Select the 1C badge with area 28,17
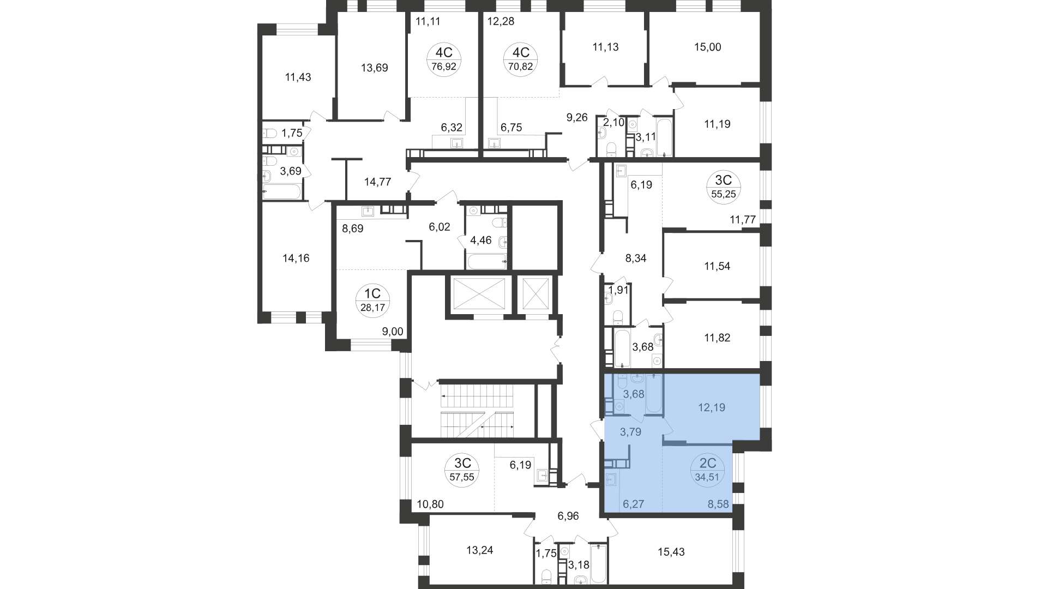[x=372, y=300]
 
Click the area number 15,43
[x=671, y=552]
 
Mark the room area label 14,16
[x=296, y=258]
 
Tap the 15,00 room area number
[x=708, y=47]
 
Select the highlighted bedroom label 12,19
[x=712, y=407]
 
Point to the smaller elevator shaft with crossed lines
[x=534, y=294]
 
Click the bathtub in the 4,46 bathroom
[x=487, y=261]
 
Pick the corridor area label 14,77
[x=377, y=182]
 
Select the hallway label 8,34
[x=636, y=259]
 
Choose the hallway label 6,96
[x=568, y=515]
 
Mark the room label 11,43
[x=298, y=77]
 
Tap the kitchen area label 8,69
[x=352, y=229]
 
